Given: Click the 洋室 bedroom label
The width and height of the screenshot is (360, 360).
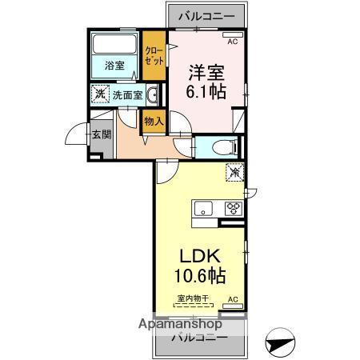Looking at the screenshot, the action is (x=206, y=73).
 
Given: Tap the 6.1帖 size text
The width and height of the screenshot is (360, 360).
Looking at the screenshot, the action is (x=206, y=91).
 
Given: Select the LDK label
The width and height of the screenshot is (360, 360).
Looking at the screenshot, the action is (x=200, y=256).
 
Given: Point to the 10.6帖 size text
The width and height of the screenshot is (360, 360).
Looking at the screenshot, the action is (x=200, y=275).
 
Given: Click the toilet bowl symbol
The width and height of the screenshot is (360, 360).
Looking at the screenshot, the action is (x=225, y=147).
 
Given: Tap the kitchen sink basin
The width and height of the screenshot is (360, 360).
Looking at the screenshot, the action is (x=203, y=208).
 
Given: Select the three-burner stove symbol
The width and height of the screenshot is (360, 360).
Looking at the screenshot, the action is (x=234, y=208).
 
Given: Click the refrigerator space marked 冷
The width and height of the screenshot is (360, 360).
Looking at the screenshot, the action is (x=235, y=173).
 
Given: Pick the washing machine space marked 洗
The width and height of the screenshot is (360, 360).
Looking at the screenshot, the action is (x=100, y=94).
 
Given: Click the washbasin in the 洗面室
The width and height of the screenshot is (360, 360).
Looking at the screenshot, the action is (x=153, y=94).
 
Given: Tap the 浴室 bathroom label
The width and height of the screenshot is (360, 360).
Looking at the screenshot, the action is (x=114, y=66).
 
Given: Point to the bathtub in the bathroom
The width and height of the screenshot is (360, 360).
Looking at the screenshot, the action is (x=114, y=44).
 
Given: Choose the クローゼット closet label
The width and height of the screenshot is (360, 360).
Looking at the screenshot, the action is (x=154, y=56).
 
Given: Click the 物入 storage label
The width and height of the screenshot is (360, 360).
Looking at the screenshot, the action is (x=154, y=122).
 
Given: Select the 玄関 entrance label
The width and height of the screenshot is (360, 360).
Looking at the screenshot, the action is (x=102, y=134).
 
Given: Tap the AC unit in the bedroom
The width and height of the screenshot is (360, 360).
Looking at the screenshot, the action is (x=233, y=34).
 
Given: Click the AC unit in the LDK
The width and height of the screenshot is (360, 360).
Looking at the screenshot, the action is (x=233, y=306).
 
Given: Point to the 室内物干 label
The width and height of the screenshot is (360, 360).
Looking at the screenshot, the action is (x=193, y=298).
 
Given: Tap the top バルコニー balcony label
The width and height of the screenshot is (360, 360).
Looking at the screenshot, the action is (x=206, y=16).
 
